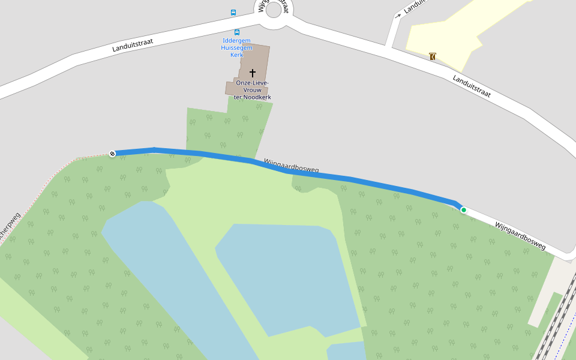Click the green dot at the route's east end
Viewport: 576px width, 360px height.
463,210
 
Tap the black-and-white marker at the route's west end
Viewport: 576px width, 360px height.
112,154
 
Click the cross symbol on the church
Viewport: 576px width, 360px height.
253,73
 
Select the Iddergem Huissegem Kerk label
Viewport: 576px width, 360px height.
236,47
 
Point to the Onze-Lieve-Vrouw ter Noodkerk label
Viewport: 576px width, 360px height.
253,89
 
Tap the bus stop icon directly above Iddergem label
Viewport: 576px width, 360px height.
237,32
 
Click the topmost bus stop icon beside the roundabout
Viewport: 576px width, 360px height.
233,12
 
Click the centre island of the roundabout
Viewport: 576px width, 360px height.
274,10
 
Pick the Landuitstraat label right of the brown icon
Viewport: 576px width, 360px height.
472,86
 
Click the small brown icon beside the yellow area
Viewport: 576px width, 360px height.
433,56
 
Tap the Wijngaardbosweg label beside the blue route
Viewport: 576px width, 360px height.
291,166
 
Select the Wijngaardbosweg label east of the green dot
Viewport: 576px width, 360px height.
520,235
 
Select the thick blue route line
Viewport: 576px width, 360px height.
360,181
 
